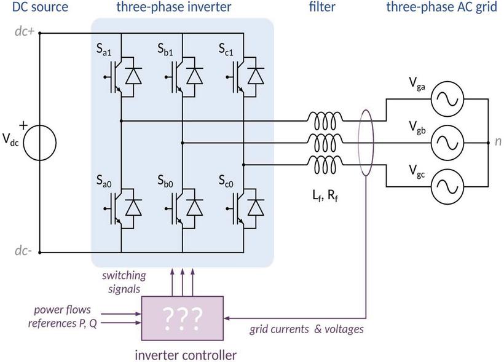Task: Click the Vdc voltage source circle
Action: [x=40, y=140]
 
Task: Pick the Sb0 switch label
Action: [x=166, y=182]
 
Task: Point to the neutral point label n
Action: [x=498, y=141]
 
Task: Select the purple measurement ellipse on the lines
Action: [x=366, y=143]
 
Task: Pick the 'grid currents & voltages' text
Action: [x=306, y=329]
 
